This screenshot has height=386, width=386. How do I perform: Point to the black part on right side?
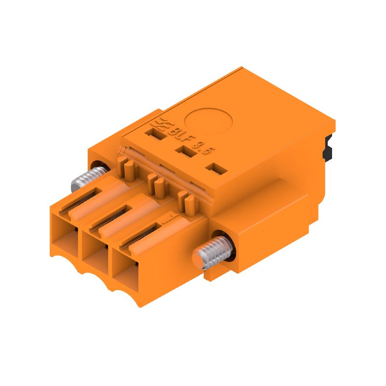pyautogui.click(x=329, y=148)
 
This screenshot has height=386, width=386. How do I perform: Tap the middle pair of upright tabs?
pyautogui.click(x=155, y=184)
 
